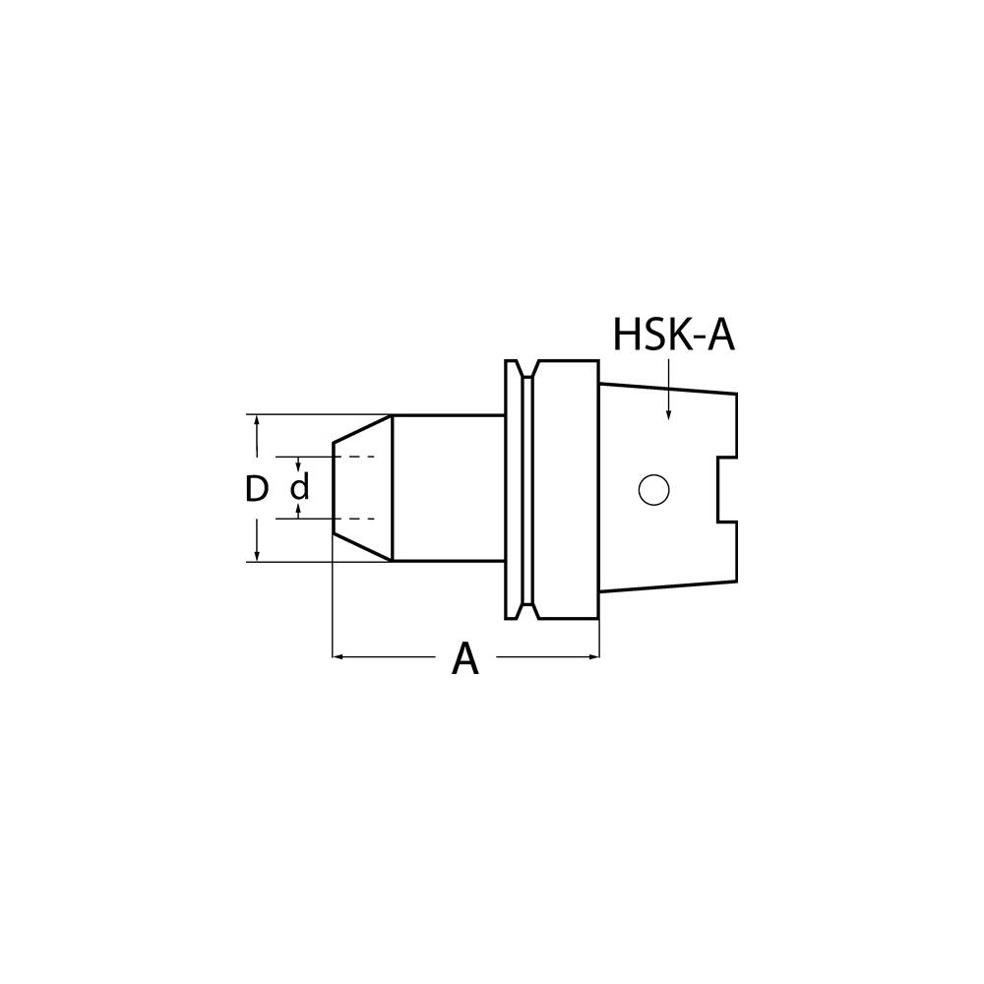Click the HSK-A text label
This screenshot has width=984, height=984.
pyautogui.click(x=674, y=335)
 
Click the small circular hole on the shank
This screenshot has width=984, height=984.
pyautogui.click(x=652, y=489)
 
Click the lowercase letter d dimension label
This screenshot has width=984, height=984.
pyautogui.click(x=300, y=488)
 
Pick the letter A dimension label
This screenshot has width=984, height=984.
pyautogui.click(x=464, y=658)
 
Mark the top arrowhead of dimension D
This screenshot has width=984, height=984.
pyautogui.click(x=257, y=422)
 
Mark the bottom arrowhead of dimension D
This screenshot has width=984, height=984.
pyautogui.click(x=257, y=555)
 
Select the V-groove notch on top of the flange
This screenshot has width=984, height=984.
pyautogui.click(x=529, y=368)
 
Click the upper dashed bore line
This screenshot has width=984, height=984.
pyautogui.click(x=354, y=458)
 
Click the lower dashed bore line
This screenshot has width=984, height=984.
pyautogui.click(x=354, y=519)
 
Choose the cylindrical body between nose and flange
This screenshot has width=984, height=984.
pyautogui.click(x=448, y=488)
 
